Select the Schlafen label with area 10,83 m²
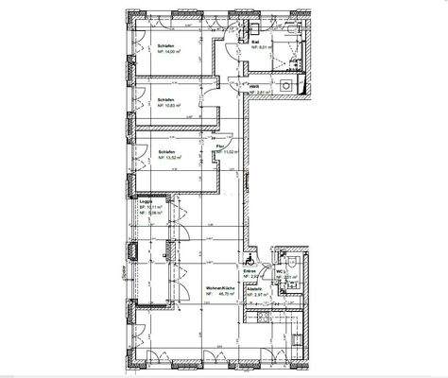(145, 95)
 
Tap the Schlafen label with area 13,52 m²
(145, 151)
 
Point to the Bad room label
(256, 43)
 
